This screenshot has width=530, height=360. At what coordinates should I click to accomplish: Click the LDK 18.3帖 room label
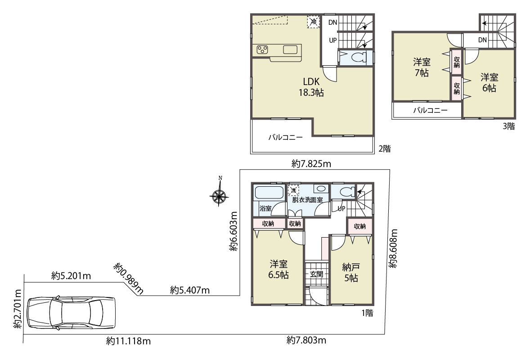(x=311, y=87)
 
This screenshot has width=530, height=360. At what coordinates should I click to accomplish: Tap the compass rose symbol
(x=219, y=195)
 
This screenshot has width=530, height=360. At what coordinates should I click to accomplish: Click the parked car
(x=71, y=313)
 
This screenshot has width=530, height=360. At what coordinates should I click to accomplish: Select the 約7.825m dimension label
(x=311, y=164)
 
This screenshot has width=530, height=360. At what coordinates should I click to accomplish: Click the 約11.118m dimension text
(x=128, y=341)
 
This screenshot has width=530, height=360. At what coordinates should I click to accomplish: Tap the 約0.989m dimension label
(x=128, y=278)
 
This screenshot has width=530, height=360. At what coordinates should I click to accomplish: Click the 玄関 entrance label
(x=316, y=274)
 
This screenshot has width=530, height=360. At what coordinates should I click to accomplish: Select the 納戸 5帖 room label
(x=351, y=273)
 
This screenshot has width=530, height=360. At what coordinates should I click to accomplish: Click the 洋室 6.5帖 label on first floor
(x=278, y=270)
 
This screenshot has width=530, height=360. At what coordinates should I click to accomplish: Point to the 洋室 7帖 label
(x=422, y=67)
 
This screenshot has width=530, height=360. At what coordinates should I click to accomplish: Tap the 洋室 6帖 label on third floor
(x=489, y=83)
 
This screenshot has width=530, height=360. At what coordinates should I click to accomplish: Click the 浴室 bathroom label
(x=265, y=208)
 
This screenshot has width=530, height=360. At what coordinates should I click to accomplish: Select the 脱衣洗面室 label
(x=307, y=200)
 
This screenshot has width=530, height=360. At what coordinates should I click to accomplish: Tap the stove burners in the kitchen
(x=262, y=49)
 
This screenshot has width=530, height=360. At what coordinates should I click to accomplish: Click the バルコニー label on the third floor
(x=430, y=110)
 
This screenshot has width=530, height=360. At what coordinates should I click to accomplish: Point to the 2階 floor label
(x=385, y=149)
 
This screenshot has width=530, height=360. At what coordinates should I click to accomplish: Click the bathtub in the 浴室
(x=269, y=193)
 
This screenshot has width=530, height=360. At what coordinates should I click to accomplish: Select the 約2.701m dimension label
(x=18, y=309)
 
